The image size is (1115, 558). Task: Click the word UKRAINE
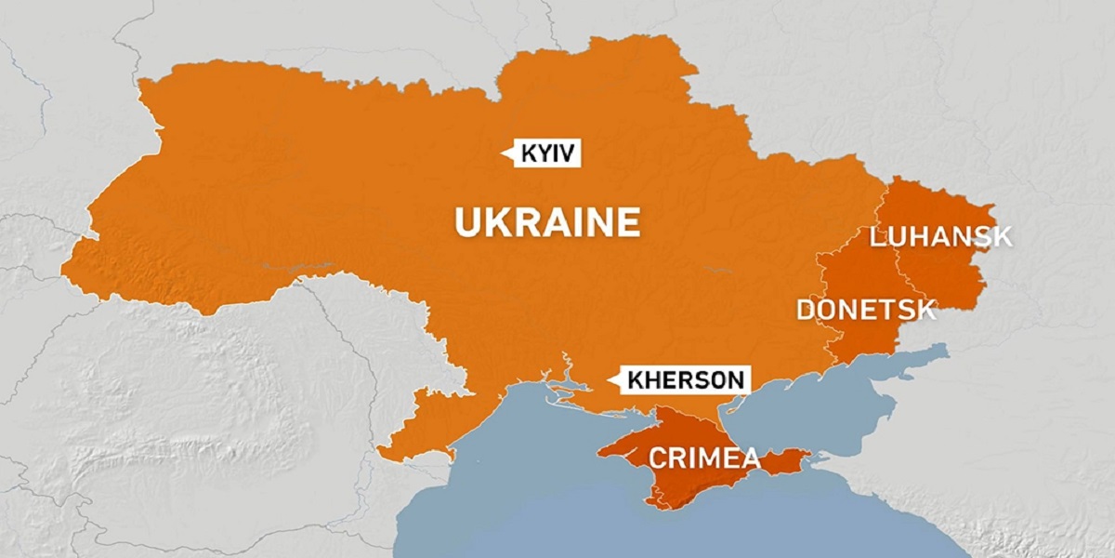point(546,223)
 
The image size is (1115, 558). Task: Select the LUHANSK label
point(940,236)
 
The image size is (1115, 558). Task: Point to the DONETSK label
point(866,309)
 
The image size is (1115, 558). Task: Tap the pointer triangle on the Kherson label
point(613,379)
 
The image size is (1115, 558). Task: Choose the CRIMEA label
point(703,458)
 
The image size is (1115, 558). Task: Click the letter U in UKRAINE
point(466,223)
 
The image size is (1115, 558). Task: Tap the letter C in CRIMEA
point(658,458)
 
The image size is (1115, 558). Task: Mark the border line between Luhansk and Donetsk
point(899,270)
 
